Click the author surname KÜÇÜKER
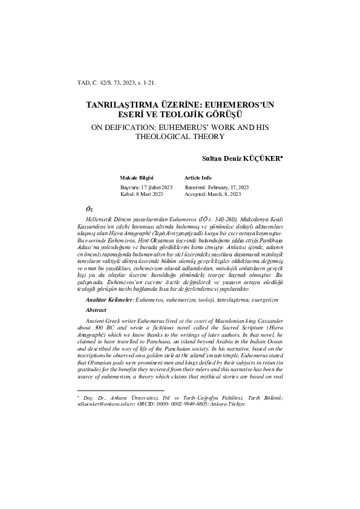264,158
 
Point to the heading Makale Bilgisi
137,179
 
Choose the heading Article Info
198,179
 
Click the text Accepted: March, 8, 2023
213,195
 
